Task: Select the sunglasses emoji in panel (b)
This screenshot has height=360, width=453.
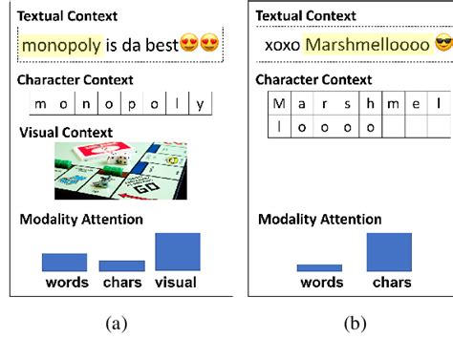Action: [x=442, y=44]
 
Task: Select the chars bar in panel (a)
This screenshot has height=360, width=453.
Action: [x=121, y=265]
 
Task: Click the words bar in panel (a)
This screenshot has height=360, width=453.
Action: [x=64, y=262]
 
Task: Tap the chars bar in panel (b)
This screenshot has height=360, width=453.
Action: [x=389, y=251]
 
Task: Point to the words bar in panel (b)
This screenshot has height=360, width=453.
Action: [x=319, y=268]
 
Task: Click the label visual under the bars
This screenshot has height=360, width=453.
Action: [x=177, y=282]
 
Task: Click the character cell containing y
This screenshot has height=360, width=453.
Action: [x=200, y=104]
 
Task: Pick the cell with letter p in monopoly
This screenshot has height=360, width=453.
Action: [x=130, y=104]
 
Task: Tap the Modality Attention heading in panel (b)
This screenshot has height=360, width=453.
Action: [x=320, y=220]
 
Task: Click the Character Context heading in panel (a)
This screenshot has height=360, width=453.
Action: [x=76, y=80]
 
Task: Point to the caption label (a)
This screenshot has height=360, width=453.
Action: [x=116, y=324]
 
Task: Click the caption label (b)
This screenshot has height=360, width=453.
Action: [x=354, y=324]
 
